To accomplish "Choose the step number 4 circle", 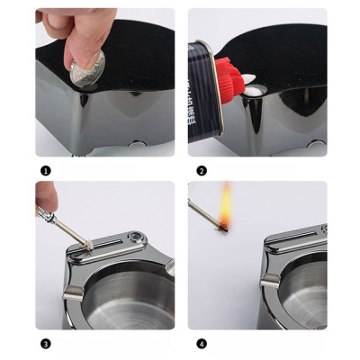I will (202, 344).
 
